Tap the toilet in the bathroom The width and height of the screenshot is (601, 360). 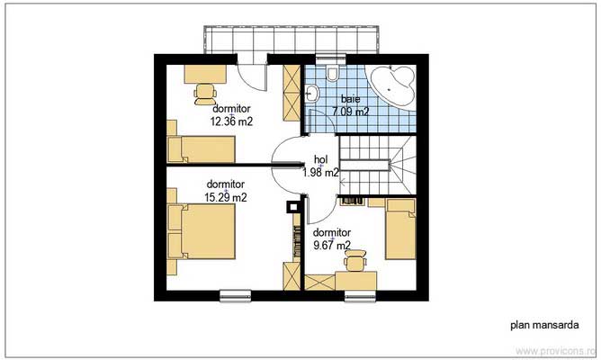click(332, 73)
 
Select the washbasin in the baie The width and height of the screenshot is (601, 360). click(312, 94)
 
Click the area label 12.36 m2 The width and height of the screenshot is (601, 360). click(231, 121)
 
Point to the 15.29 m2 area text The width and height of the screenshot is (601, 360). click(226, 197)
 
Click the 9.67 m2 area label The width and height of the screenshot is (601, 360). click(332, 245)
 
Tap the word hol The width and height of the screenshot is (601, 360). click(321, 159)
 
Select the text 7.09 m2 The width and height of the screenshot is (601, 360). click(350, 112)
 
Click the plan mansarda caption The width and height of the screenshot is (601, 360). click(544, 325)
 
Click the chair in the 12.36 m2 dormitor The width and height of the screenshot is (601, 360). click(205, 94)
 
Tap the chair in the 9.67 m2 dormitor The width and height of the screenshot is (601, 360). click(355, 260)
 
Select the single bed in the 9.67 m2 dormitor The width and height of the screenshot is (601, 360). click(400, 229)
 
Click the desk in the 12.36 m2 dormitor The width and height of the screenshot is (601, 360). click(205, 74)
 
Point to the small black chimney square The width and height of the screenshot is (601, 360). click(293, 207)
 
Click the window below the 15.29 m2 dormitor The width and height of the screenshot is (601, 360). click(236, 295)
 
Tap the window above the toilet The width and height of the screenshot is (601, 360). click(331, 59)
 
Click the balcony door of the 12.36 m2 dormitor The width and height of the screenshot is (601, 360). click(252, 73)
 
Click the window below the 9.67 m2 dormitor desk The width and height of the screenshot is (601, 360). click(360, 295)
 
